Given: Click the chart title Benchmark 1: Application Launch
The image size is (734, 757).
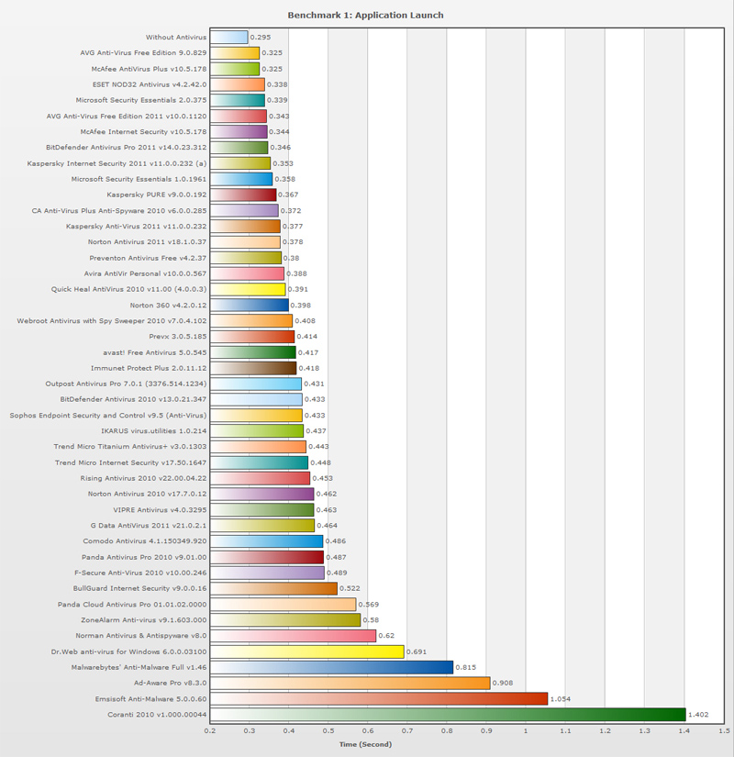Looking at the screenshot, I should tap(365, 16).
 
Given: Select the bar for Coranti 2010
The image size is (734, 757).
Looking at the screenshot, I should tap(448, 715).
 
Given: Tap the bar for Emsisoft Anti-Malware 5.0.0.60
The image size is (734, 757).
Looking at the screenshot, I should tap(379, 699).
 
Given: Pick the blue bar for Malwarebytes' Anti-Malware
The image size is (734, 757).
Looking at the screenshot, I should tap(331, 667).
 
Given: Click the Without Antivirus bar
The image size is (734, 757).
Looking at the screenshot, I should tap(229, 38).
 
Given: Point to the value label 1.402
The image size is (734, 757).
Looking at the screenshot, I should tap(700, 715).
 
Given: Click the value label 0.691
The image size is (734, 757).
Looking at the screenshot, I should tap(417, 651).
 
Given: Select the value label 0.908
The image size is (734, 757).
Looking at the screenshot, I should tap(504, 684).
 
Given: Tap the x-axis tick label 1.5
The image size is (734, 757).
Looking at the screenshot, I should tap(723, 732).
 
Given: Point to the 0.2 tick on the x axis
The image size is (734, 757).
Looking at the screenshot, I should tap(210, 732).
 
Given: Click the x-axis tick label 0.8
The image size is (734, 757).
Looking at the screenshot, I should tap(447, 732).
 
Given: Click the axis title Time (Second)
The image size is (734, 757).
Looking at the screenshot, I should tap(365, 744).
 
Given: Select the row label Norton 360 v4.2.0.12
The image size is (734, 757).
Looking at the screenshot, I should tap(168, 306).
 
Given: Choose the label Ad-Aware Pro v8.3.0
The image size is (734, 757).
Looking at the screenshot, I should tap(170, 684).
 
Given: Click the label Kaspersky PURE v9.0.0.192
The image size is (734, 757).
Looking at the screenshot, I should tap(157, 195).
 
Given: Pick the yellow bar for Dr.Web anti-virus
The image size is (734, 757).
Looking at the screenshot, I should tap(306, 651).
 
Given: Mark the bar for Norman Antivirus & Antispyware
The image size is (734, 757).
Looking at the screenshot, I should tap(293, 636).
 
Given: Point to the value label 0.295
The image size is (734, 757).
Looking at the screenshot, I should tap(261, 38).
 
